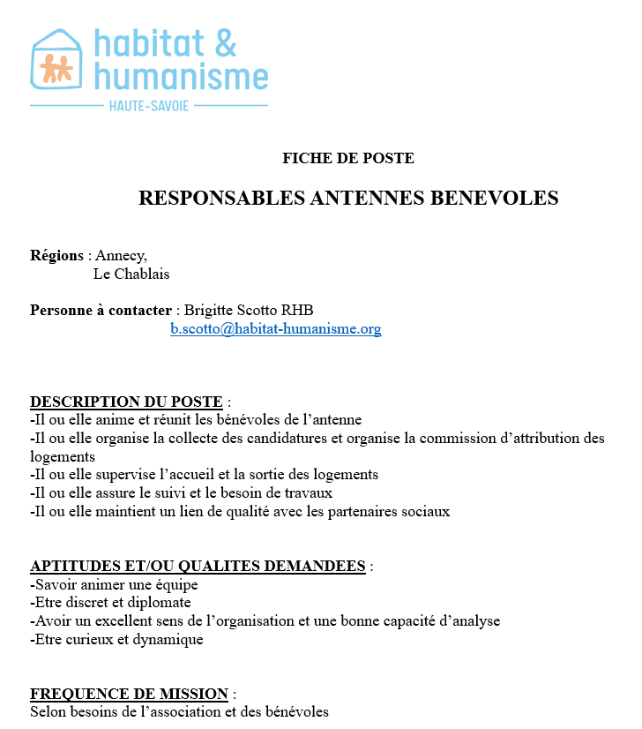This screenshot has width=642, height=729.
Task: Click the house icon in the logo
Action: click(x=56, y=60)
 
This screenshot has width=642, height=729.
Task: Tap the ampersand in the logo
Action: click(x=224, y=41)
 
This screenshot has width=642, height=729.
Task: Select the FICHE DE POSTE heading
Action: click(x=347, y=159)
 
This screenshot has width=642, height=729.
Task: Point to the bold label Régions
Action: click(x=56, y=256)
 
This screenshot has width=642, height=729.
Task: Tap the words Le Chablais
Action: click(x=131, y=274)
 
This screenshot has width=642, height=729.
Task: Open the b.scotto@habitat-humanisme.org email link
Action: click(x=275, y=329)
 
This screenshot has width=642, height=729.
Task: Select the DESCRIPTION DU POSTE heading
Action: click(x=126, y=402)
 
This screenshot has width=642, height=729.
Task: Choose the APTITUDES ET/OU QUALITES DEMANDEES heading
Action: click(x=198, y=566)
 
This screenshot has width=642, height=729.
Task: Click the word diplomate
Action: click(x=159, y=603)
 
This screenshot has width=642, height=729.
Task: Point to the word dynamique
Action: click(x=168, y=639)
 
